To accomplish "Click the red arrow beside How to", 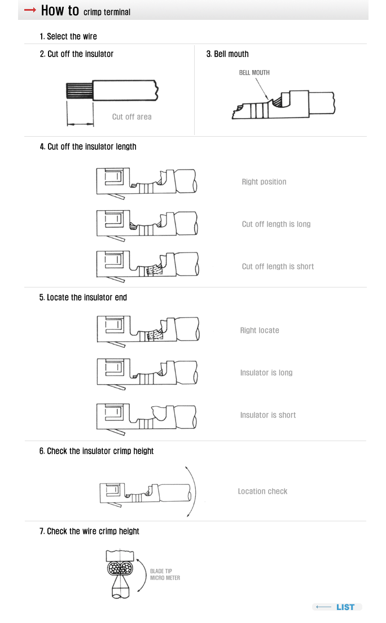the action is coord(30,10).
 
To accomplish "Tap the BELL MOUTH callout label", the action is coord(254,73).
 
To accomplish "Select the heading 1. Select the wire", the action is coord(68,37).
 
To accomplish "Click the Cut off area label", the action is coord(132,117).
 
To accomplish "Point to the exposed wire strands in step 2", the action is coord(80,90).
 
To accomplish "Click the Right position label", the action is coord(264,182).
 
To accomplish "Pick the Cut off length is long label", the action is coord(277,224).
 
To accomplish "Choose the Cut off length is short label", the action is coord(278,267).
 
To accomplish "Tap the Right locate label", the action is coord(260,330).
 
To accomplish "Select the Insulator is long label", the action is coord(266,373).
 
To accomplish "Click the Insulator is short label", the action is coord(268,415).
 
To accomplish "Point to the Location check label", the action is coord(262,491).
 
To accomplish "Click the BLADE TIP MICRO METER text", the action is coord(165,574).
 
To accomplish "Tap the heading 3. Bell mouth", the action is coord(227,54).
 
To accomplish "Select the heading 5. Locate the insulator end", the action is coord(83,298).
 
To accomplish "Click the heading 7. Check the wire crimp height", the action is coord(89,531).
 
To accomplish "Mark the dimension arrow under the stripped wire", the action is coord(80,124).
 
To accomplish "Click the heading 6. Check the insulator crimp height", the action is coord(97,451).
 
